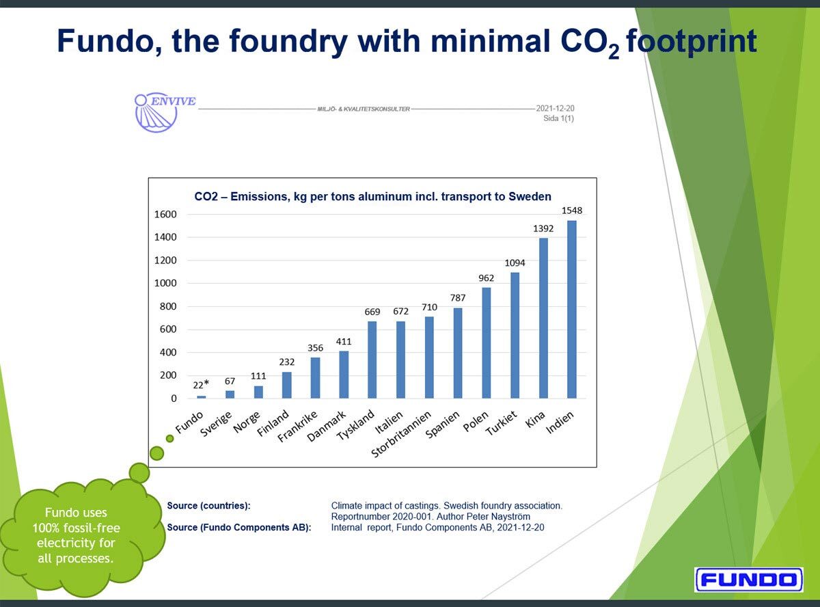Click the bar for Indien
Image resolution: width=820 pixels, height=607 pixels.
pyautogui.click(x=571, y=309)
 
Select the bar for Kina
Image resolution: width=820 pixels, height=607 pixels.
pyautogui.click(x=543, y=318)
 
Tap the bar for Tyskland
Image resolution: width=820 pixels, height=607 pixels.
pyautogui.click(x=372, y=360)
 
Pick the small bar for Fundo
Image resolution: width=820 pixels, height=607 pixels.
pyautogui.click(x=202, y=397)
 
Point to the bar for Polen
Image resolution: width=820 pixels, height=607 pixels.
pyautogui.click(x=486, y=343)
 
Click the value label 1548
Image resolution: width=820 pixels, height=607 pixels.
pyautogui.click(x=571, y=211)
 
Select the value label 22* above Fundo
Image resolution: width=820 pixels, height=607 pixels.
pyautogui.click(x=201, y=385)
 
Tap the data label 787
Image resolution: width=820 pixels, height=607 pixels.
pyautogui.click(x=458, y=298)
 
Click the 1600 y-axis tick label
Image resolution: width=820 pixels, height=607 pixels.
pyautogui.click(x=165, y=214)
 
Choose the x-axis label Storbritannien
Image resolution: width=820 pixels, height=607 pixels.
pyautogui.click(x=401, y=434)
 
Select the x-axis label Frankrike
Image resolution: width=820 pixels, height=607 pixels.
pyautogui.click(x=298, y=427)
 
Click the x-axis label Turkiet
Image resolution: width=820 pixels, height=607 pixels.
pyautogui.click(x=501, y=423)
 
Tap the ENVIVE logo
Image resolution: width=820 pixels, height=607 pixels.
pyautogui.click(x=165, y=112)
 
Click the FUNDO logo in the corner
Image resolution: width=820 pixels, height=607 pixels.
pyautogui.click(x=749, y=580)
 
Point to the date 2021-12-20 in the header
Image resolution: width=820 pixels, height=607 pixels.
pyautogui.click(x=555, y=109)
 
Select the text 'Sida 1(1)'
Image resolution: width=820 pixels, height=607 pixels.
pyautogui.click(x=558, y=118)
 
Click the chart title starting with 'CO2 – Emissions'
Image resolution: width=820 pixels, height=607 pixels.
pyautogui.click(x=372, y=196)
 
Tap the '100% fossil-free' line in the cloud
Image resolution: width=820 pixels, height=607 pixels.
pyautogui.click(x=76, y=528)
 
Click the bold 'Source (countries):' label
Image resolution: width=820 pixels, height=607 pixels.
pyautogui.click(x=208, y=506)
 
